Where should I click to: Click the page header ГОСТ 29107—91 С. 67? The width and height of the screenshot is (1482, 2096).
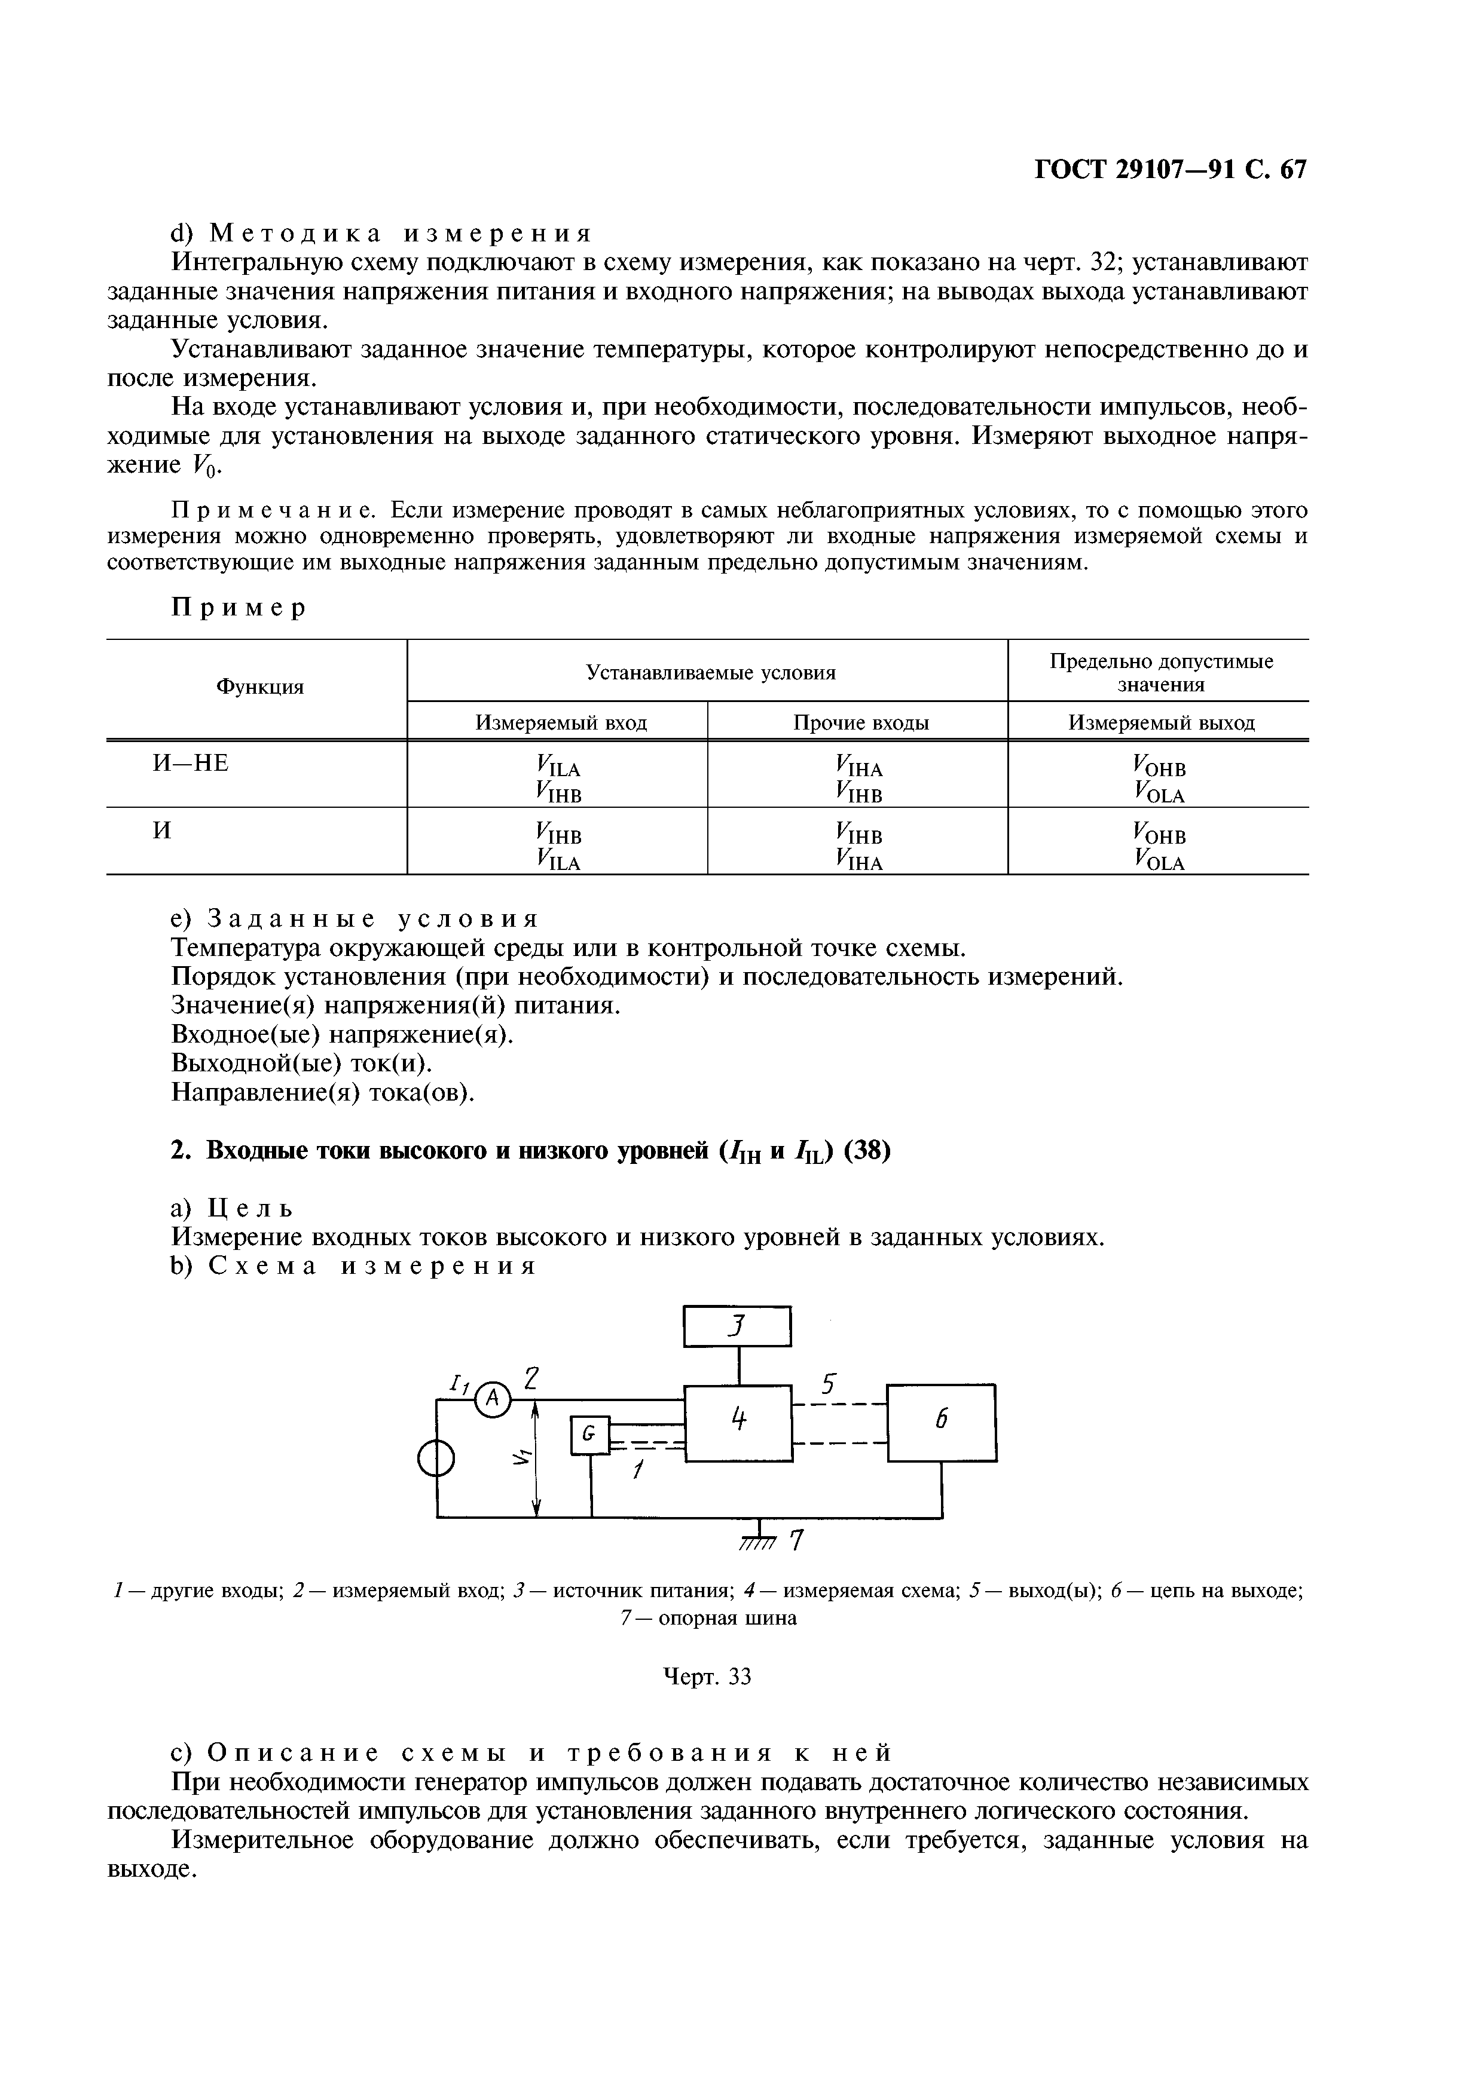coord(1170,170)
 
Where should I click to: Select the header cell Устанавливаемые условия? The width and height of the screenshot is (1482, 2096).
coord(710,673)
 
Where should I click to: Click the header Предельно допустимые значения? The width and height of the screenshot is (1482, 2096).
coord(1160,672)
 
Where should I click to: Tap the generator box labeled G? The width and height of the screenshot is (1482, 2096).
coord(590,1435)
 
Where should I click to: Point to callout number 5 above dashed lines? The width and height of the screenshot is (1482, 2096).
coord(827,1385)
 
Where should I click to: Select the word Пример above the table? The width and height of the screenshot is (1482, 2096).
coord(239,608)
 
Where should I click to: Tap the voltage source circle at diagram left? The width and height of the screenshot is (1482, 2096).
coord(436,1461)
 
